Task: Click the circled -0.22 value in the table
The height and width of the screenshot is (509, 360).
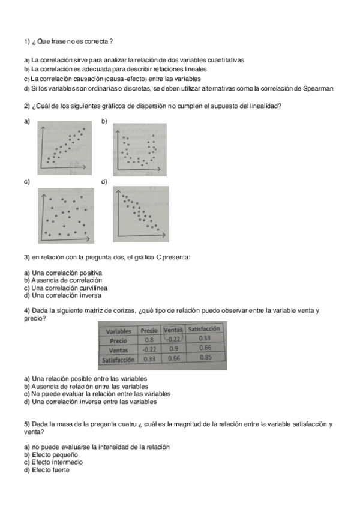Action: (x=173, y=339)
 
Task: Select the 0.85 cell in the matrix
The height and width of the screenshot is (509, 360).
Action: (x=204, y=358)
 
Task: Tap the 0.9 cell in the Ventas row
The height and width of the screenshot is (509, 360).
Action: (x=173, y=348)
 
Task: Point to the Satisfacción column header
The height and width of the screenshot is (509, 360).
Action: (x=204, y=329)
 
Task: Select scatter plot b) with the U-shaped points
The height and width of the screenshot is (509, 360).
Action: (x=139, y=150)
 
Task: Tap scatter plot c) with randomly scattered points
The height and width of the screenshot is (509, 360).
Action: (x=65, y=215)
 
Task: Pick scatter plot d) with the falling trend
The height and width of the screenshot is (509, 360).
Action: (x=140, y=214)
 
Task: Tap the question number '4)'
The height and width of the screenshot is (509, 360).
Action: (x=27, y=310)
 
